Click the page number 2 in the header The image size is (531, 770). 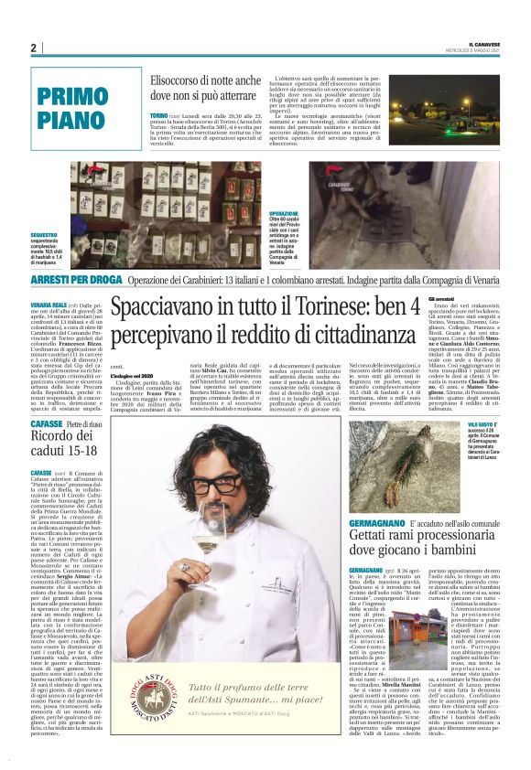click(x=33, y=48)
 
